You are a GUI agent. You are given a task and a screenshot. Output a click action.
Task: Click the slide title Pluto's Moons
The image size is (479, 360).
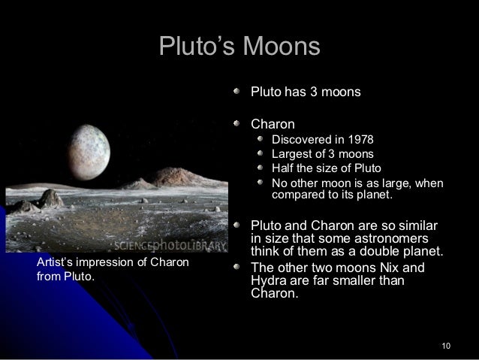click(x=239, y=47)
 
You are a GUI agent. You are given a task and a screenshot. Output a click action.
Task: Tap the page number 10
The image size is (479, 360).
click(x=447, y=345)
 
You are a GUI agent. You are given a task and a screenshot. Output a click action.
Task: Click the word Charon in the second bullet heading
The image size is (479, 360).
click(x=272, y=123)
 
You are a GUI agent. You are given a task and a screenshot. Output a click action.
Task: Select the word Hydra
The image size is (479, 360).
click(x=268, y=281)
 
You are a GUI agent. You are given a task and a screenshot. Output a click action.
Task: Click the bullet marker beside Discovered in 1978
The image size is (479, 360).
click(x=260, y=140)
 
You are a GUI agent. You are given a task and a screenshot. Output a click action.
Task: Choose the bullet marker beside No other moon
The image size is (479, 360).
click(x=260, y=183)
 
